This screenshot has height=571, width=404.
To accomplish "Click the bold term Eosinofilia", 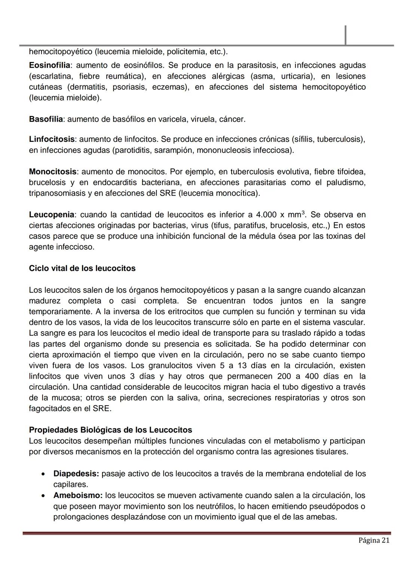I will click(49, 65).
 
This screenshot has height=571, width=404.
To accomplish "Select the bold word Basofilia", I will click(46, 119).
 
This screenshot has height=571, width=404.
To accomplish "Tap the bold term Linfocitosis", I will click(52, 140).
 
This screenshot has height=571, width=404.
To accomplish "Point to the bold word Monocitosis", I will click(52, 172).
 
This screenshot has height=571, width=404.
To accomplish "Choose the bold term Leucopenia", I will click(51, 215).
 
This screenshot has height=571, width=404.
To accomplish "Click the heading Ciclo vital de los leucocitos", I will click(82, 269).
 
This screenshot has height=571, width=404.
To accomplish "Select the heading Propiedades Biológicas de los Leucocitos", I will click(110, 430).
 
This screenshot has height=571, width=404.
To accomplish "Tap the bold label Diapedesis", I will click(76, 474).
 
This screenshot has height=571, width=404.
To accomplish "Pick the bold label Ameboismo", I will click(78, 495).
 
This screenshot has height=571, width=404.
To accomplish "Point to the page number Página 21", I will click(374, 541).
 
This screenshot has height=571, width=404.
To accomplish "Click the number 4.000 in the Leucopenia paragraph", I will click(266, 215).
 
